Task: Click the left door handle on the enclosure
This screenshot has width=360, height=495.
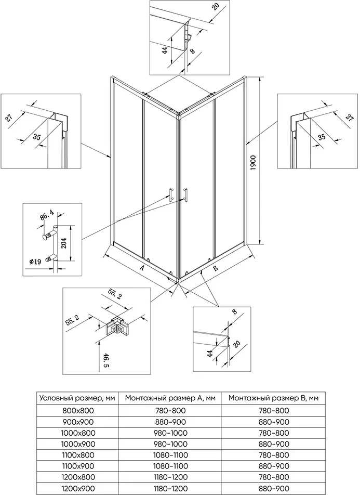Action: click(170, 194)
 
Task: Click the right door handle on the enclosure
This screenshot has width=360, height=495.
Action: click(184, 194)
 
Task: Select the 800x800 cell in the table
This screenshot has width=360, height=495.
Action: click(78, 410)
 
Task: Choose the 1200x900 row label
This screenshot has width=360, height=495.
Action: click(78, 489)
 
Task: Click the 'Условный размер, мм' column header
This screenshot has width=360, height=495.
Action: click(78, 398)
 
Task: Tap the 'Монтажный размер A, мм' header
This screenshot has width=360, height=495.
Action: click(170, 398)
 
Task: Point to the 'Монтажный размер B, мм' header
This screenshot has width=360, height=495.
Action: click(273, 398)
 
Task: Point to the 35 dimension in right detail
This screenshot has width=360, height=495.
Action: click(322, 137)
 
